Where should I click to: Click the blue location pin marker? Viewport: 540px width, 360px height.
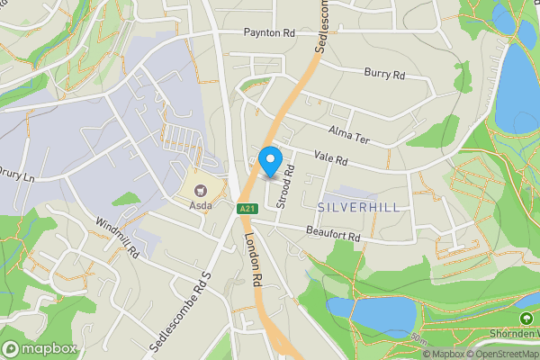269,161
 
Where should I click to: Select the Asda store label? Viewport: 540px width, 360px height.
200,204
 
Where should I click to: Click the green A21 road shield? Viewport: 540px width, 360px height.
247,209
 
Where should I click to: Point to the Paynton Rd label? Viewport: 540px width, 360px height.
269,32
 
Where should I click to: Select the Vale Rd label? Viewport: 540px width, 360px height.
330,157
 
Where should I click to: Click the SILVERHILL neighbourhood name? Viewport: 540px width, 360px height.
358,207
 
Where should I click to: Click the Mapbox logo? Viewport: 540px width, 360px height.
39,348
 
